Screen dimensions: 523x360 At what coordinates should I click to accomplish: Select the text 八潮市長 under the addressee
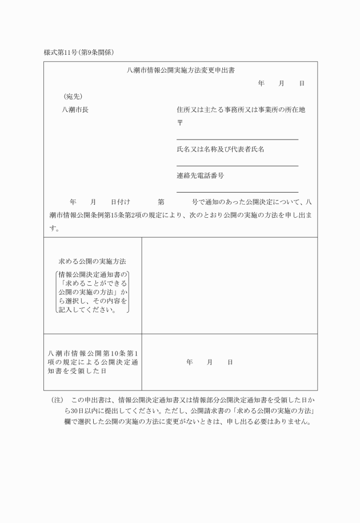[x=75, y=110]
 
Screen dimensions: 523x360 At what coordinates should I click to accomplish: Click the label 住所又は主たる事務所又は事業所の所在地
[x=241, y=110]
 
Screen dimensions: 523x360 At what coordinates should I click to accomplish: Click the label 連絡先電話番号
[x=200, y=175]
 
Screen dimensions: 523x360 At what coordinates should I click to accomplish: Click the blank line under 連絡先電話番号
[x=237, y=191]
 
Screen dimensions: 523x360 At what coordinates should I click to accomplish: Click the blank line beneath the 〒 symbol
[x=237, y=139]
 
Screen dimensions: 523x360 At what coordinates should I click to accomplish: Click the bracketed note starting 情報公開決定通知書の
[x=93, y=292]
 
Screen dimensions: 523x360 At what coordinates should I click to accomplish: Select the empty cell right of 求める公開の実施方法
[x=229, y=285]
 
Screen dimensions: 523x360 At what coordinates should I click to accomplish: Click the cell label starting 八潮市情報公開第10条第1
[x=93, y=362]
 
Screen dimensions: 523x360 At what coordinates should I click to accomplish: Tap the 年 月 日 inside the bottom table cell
[x=209, y=362]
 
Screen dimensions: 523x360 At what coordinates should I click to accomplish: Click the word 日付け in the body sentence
[x=121, y=202]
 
